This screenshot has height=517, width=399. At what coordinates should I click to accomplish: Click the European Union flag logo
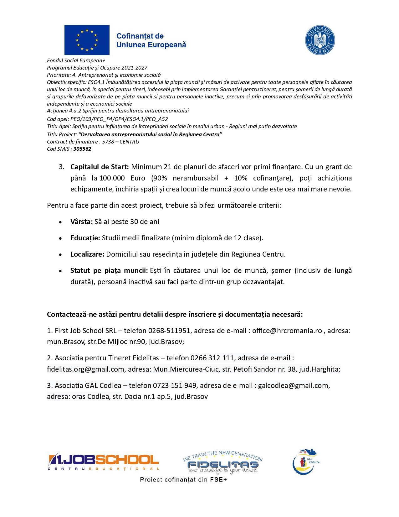87,40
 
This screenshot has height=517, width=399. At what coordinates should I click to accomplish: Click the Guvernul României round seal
320,40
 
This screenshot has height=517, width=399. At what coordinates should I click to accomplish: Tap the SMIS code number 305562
82,149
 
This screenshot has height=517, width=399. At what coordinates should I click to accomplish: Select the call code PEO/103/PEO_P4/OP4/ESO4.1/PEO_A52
119,119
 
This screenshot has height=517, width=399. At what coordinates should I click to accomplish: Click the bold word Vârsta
81,222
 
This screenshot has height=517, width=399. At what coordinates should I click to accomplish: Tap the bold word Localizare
87,254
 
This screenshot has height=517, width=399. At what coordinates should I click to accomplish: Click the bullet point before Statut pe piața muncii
60,271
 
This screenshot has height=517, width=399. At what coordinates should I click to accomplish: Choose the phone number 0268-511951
169,331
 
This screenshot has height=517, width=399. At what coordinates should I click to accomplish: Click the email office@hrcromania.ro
287,331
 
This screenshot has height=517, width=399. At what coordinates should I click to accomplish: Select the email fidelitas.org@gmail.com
86,369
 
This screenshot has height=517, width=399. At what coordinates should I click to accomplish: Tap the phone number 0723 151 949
175,385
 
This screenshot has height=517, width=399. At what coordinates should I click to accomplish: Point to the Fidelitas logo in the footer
223,462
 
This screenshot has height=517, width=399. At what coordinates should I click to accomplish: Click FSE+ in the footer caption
218,479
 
